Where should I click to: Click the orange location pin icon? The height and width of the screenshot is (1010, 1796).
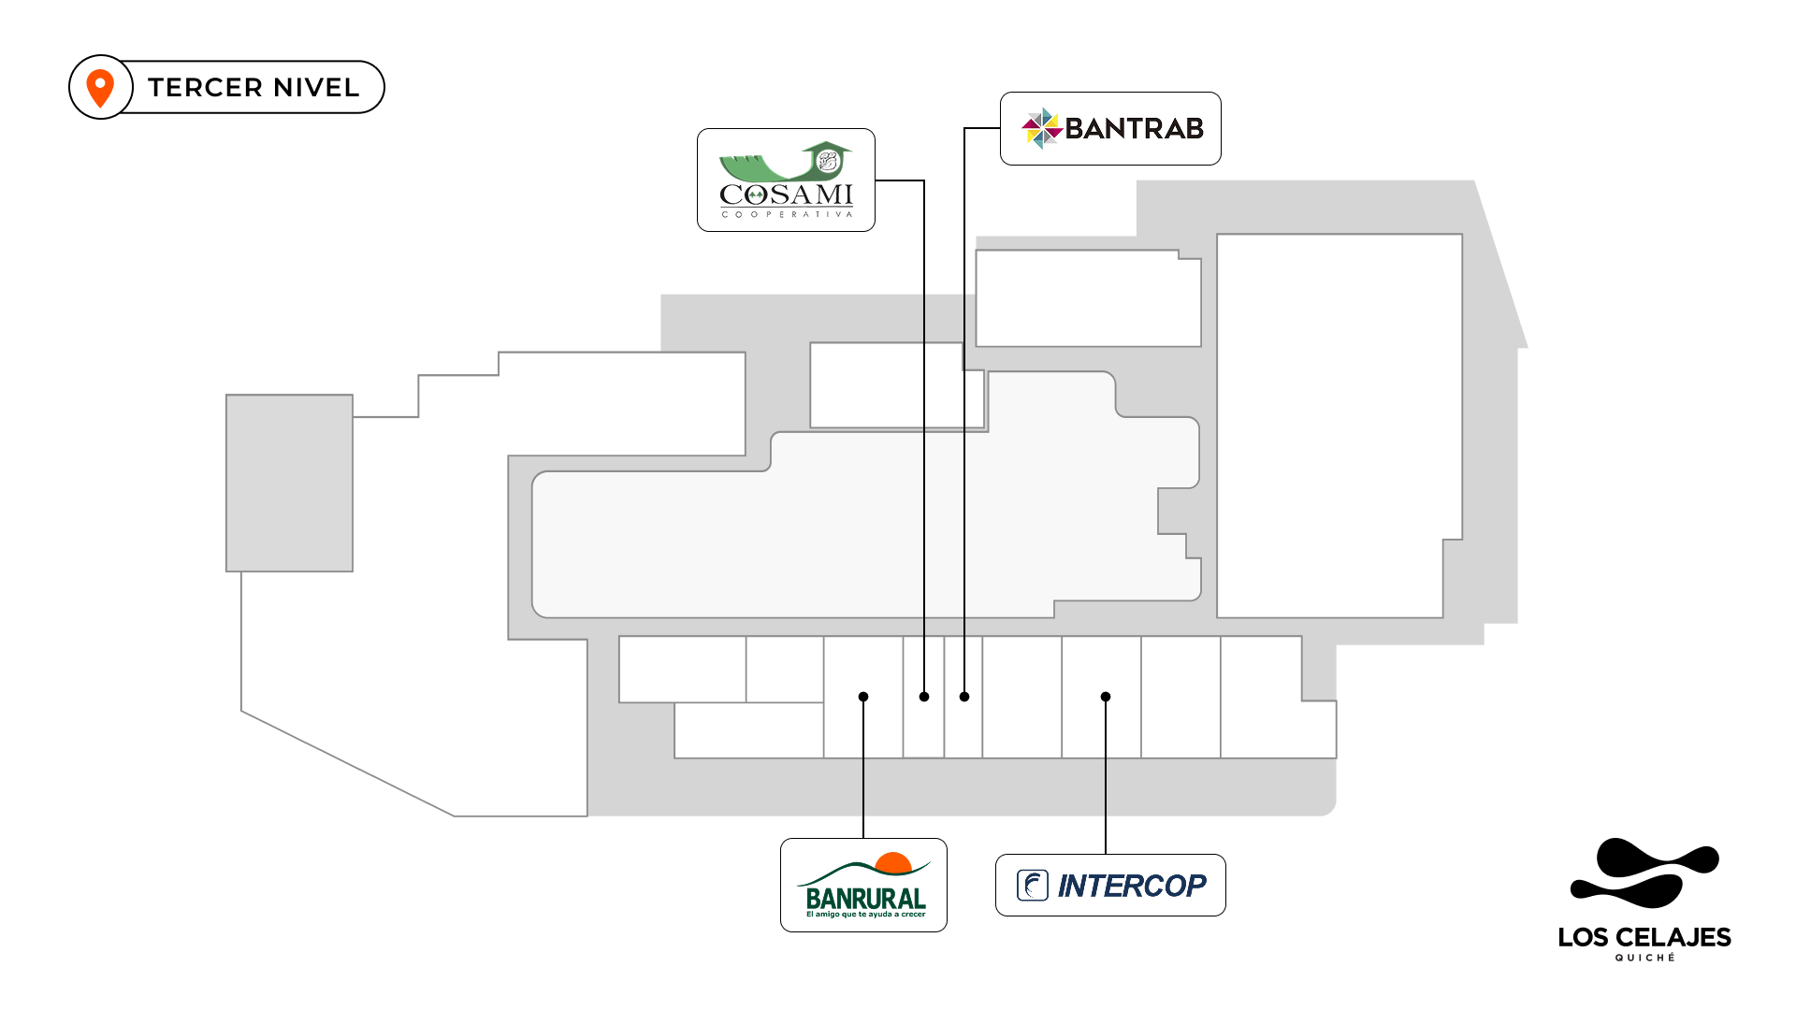[x=100, y=88]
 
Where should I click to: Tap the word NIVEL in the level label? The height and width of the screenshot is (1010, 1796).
[x=316, y=88]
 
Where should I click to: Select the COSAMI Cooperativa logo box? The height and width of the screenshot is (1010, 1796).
[x=786, y=180]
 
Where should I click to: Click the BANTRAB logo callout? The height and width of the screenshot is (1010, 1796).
[x=1110, y=128]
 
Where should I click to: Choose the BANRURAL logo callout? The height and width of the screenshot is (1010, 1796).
[x=863, y=885]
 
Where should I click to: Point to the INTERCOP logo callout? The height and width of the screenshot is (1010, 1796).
[x=1110, y=885]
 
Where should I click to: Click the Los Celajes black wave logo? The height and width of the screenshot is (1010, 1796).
[x=1644, y=873]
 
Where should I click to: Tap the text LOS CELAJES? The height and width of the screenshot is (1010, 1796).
[x=1644, y=937]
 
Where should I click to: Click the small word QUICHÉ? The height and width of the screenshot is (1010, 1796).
[x=1644, y=958]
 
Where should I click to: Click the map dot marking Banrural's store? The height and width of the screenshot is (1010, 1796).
[x=863, y=697]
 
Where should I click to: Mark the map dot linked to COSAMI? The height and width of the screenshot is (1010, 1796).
[x=924, y=697]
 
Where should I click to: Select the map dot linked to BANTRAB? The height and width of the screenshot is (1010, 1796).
[x=964, y=697]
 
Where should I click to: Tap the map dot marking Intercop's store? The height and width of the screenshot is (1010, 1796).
[x=1106, y=697]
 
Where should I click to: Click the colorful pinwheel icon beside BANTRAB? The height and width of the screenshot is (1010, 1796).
[x=1041, y=128]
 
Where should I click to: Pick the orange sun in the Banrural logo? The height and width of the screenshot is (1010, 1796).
[x=893, y=862]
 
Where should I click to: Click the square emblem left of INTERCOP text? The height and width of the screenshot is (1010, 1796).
[x=1033, y=885]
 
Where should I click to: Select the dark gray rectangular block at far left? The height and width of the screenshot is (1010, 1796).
[x=289, y=483]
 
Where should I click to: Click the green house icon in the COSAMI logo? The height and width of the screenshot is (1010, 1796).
[x=827, y=159]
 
